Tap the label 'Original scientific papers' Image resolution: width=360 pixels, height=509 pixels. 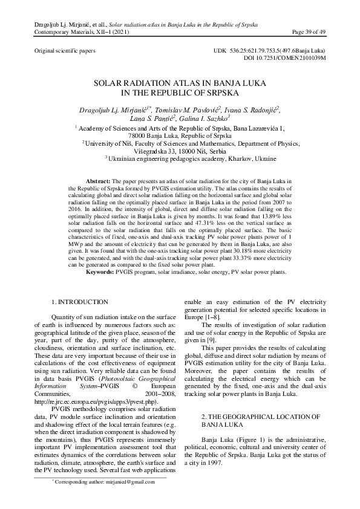coord(65,51)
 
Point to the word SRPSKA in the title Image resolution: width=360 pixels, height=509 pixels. coord(223,93)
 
